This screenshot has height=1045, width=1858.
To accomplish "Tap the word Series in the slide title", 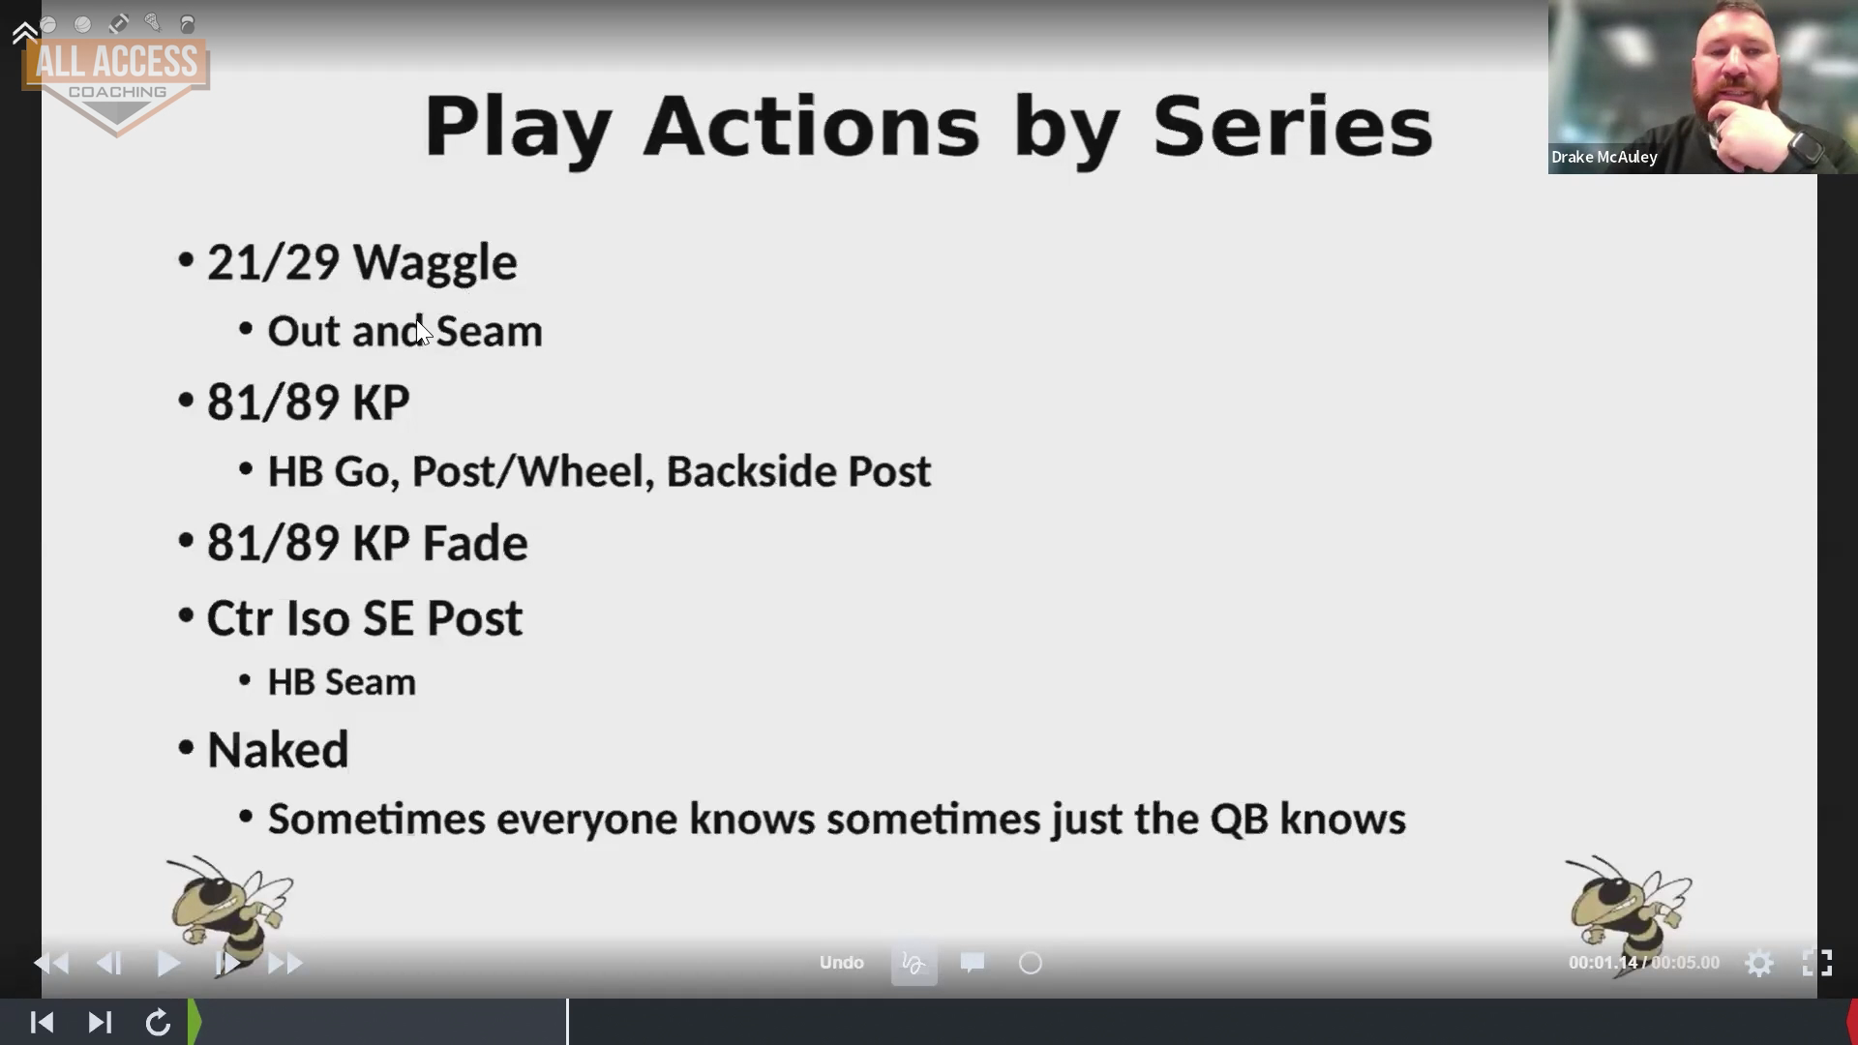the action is click(x=1293, y=127).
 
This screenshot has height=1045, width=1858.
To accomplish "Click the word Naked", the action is click(x=278, y=750).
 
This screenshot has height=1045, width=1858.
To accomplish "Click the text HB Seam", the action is click(x=342, y=682).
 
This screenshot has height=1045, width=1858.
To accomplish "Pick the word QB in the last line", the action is click(x=1239, y=820).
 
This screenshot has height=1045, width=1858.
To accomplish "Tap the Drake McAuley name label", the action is click(x=1604, y=157).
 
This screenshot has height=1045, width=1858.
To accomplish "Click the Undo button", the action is click(x=842, y=963).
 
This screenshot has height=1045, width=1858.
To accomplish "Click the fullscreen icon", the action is click(x=1817, y=963).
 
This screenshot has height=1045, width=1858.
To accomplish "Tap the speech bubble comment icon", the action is click(x=973, y=962).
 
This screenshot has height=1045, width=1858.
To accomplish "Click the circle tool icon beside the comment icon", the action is click(x=1031, y=963).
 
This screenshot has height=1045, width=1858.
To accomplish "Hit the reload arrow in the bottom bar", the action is click(x=158, y=1023).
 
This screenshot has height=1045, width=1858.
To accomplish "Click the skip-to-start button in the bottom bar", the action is click(x=42, y=1023).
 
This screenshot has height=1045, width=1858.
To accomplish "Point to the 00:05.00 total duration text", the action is click(x=1686, y=963).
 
